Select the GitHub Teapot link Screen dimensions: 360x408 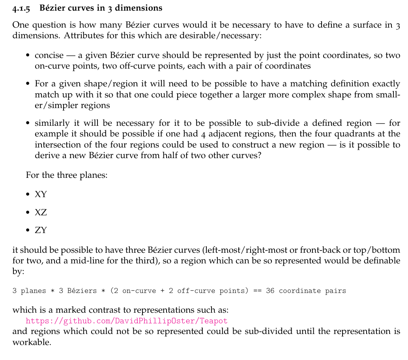tap(127, 321)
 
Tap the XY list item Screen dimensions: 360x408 tap(41, 194)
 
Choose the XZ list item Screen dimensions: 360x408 tap(41, 212)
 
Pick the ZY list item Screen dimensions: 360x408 tap(41, 230)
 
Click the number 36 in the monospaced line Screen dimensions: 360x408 tap(270, 291)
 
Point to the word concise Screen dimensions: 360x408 tap(49, 56)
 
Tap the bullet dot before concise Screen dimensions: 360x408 tap(28, 56)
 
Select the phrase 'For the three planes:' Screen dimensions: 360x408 tap(67, 175)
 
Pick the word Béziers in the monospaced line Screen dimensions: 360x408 tap(82, 291)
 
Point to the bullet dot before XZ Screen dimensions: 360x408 tap(28, 213)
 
